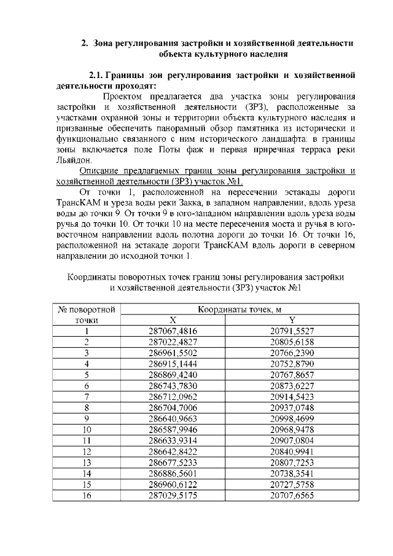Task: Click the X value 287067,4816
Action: pos(173,331)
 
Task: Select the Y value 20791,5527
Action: pos(292,331)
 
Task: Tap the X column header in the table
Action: pos(173,320)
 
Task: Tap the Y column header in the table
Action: pos(292,320)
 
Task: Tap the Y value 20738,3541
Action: pos(292,472)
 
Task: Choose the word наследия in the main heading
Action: pos(266,53)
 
